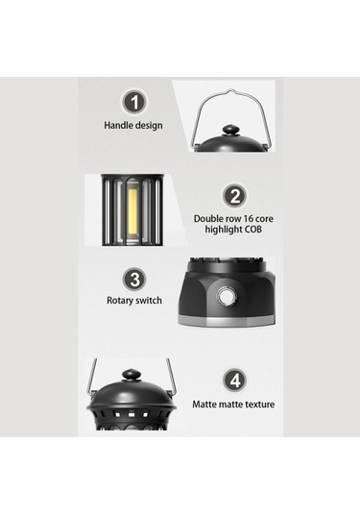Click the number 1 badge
pyautogui.click(x=134, y=102)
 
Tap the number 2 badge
pyautogui.click(x=234, y=196)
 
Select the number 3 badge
pyautogui.click(x=134, y=279)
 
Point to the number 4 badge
pyautogui.click(x=235, y=380)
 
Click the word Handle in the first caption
pyautogui.click(x=118, y=125)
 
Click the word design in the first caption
pyautogui.click(x=149, y=126)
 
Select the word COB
pyautogui.click(x=253, y=229)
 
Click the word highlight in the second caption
pyautogui.click(x=224, y=230)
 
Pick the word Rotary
pyautogui.click(x=120, y=301)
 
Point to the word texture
pyautogui.click(x=258, y=404)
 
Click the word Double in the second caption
pyautogui.click(x=207, y=219)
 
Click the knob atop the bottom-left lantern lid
pyautogui.click(x=131, y=375)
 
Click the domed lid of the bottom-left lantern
pyautogui.click(x=132, y=394)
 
